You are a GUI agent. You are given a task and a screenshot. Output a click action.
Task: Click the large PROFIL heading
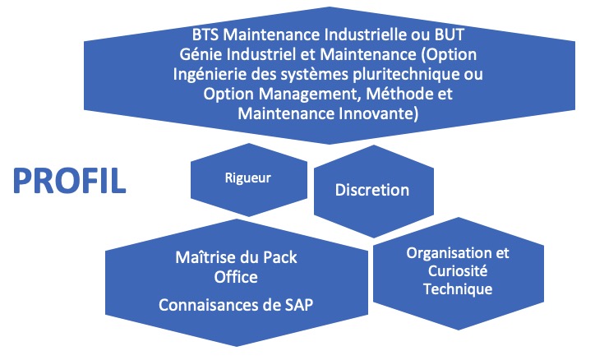point(69,181)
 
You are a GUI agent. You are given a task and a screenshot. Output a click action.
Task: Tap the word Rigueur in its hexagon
point(248,178)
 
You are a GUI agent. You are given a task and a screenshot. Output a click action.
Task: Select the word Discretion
point(371,190)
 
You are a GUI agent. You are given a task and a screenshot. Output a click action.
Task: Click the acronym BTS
point(205,35)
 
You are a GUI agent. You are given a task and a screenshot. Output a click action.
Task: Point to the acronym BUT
point(450,35)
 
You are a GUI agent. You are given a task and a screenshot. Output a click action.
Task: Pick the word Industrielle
point(366,35)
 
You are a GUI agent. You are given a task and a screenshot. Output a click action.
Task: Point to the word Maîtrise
point(205,257)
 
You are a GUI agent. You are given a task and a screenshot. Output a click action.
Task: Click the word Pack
point(280,257)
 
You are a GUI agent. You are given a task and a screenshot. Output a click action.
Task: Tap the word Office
point(236,277)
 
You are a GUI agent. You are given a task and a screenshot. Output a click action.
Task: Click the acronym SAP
point(298,305)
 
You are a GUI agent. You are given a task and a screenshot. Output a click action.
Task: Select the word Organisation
point(450,253)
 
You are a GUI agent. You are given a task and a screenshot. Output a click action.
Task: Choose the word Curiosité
point(458,271)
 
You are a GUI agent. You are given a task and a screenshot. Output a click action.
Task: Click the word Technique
point(458,289)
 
